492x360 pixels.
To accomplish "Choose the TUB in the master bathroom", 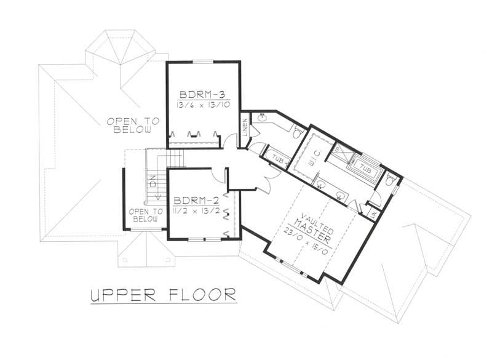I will click(x=366, y=167).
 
